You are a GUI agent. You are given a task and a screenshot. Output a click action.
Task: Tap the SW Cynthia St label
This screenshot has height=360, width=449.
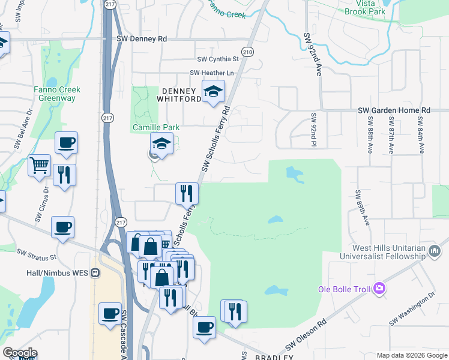click(218, 59)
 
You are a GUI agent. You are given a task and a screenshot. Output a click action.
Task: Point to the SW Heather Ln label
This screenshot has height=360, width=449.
click(211, 73)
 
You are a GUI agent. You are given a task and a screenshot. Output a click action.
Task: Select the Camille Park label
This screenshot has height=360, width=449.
click(152, 128)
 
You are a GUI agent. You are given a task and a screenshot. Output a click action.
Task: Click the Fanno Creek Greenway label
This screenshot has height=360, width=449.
click(57, 94)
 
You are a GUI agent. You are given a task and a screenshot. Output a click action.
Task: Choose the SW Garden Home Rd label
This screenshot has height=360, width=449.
click(394, 110)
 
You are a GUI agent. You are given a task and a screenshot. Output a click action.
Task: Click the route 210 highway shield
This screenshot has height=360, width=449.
click(247, 52)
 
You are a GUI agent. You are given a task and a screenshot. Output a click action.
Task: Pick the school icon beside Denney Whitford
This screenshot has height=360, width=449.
click(212, 92)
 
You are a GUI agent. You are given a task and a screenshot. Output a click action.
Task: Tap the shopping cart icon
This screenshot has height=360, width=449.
click(39, 164)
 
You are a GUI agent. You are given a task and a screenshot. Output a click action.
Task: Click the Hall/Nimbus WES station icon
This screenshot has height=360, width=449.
click(95, 273)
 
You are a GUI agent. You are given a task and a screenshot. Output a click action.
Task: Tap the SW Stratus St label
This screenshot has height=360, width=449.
click(36, 256)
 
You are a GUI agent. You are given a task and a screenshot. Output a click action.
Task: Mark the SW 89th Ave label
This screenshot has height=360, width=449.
click(362, 208)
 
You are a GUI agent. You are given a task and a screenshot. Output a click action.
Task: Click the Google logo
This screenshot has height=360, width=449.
click(20, 353)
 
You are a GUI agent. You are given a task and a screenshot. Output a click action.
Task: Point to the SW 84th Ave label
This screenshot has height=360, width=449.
click(421, 134)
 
